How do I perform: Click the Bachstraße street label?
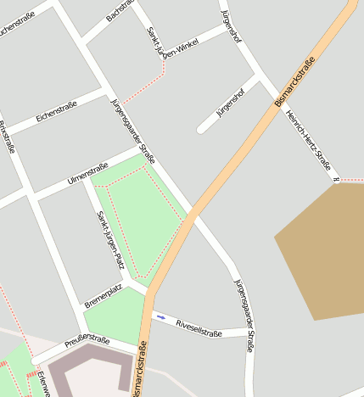(121, 11)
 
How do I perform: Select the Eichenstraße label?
(56, 111)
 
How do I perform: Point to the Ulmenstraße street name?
(87, 172)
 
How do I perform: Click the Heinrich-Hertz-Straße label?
(307, 135)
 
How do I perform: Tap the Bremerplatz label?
(103, 295)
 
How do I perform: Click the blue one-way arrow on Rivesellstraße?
(161, 317)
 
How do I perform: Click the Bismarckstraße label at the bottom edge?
(141, 369)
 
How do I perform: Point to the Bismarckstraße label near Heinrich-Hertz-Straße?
(295, 81)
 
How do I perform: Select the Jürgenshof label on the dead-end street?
(230, 100)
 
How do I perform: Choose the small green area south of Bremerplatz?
(112, 316)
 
